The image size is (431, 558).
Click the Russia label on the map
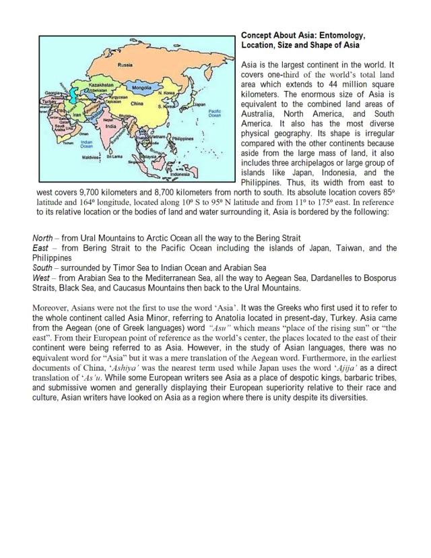pos(125,65)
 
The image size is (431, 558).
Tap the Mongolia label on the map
pos(141,88)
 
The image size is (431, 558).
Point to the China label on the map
pos(137,104)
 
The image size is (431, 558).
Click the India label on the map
pos(112,125)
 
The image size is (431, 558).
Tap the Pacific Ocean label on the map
pos(215,114)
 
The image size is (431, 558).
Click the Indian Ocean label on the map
pos(86,144)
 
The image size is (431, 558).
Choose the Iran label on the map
pos(76,115)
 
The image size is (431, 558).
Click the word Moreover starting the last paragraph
pos(51,307)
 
